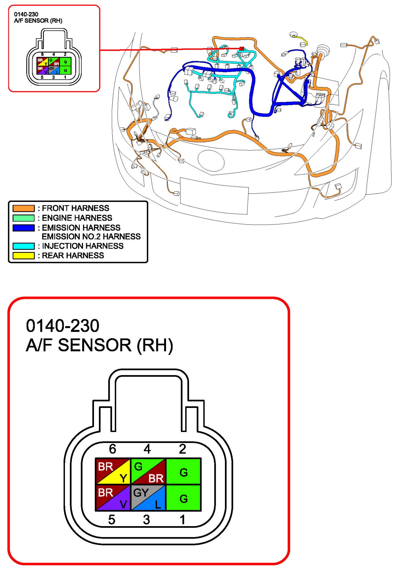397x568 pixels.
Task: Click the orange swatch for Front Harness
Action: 24,208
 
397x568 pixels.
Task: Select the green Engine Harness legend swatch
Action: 24,218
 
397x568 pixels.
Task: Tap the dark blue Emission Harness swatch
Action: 24,228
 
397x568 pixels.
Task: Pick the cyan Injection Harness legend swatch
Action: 24,246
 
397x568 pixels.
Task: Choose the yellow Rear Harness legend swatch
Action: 24,256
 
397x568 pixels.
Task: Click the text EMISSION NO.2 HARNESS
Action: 91,237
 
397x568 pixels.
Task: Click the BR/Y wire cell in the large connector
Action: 113,471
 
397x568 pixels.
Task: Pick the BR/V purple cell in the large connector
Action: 113,497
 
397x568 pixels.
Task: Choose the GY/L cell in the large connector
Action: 148,497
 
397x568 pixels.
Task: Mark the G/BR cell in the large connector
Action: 148,471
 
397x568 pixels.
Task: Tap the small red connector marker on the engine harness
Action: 242,49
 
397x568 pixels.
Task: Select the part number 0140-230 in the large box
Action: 63,326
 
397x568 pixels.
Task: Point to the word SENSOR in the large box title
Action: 95,345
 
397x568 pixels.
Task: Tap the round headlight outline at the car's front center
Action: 211,161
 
